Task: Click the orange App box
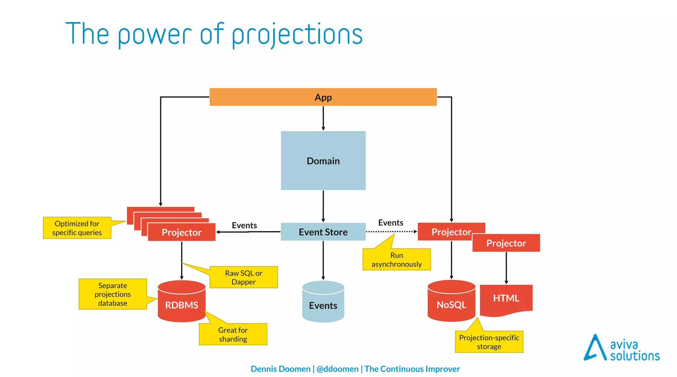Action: click(323, 97)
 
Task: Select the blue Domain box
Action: click(323, 161)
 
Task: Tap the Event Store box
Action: click(323, 232)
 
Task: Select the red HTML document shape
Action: click(506, 298)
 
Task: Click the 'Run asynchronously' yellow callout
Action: click(396, 260)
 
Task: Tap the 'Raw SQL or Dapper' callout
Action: click(244, 277)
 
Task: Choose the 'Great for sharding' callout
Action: click(233, 334)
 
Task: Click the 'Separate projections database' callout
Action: click(112, 294)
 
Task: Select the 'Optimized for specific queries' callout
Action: click(77, 228)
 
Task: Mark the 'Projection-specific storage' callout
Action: click(489, 342)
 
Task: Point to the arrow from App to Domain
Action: click(323, 118)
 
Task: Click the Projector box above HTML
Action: click(506, 243)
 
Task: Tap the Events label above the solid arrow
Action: click(244, 225)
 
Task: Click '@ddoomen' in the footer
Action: click(337, 369)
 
